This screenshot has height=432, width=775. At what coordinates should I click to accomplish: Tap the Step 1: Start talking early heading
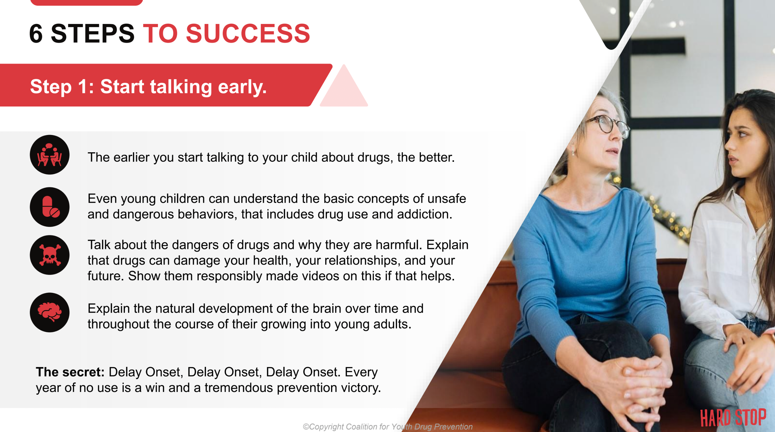(x=148, y=87)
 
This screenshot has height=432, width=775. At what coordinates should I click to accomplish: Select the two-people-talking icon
(x=50, y=155)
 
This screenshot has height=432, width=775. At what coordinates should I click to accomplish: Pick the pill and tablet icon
(x=50, y=207)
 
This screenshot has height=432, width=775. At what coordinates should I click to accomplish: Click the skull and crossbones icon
(x=50, y=255)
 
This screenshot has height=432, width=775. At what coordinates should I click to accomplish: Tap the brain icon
(x=50, y=313)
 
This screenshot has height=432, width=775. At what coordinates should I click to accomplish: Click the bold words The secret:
(x=70, y=372)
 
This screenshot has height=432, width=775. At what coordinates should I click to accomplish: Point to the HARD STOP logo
(x=733, y=418)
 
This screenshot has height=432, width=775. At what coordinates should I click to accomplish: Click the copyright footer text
(x=387, y=427)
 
